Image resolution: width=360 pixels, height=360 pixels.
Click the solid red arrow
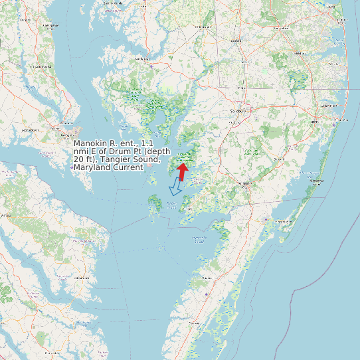(x=182, y=171)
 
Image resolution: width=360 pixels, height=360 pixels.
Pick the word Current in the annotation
(x=129, y=167)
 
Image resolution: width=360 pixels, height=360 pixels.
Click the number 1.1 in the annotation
(x=150, y=143)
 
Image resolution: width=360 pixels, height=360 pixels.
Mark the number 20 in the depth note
(x=79, y=159)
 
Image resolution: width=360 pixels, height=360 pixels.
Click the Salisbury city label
(x=237, y=111)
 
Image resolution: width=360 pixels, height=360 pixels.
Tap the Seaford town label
(x=235, y=41)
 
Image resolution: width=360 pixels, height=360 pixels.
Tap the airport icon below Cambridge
(x=152, y=67)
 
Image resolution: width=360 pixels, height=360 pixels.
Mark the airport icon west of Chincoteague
(x=267, y=219)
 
